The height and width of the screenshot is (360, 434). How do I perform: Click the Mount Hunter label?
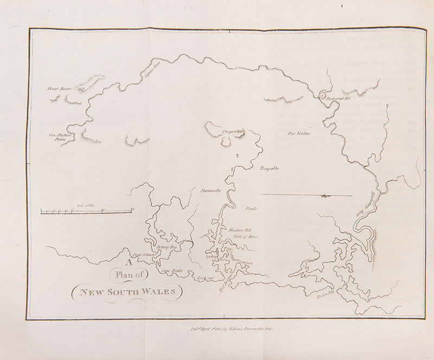pos(59,87)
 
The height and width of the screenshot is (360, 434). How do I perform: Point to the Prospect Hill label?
pos(234,132)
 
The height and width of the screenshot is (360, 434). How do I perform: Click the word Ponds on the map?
pos(251,209)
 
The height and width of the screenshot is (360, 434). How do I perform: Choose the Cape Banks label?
pos(171,270)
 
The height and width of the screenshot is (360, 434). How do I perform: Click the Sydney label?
pos(211,256)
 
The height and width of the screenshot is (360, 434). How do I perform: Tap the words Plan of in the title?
pos(126,275)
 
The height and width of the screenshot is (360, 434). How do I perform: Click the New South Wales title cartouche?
pos(128,292)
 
